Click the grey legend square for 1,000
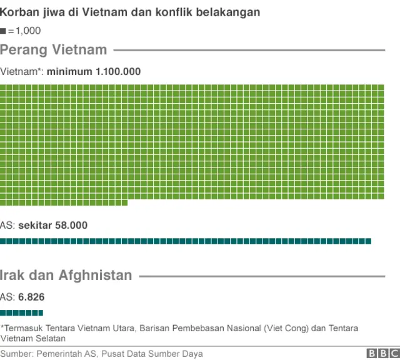tap(3, 30)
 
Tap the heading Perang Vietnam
tap(54, 49)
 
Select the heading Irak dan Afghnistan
tap(66, 275)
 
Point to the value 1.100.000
tap(118, 72)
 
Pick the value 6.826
tap(31, 297)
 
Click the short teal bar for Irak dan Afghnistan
tap(21, 312)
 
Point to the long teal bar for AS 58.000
tap(186, 241)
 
